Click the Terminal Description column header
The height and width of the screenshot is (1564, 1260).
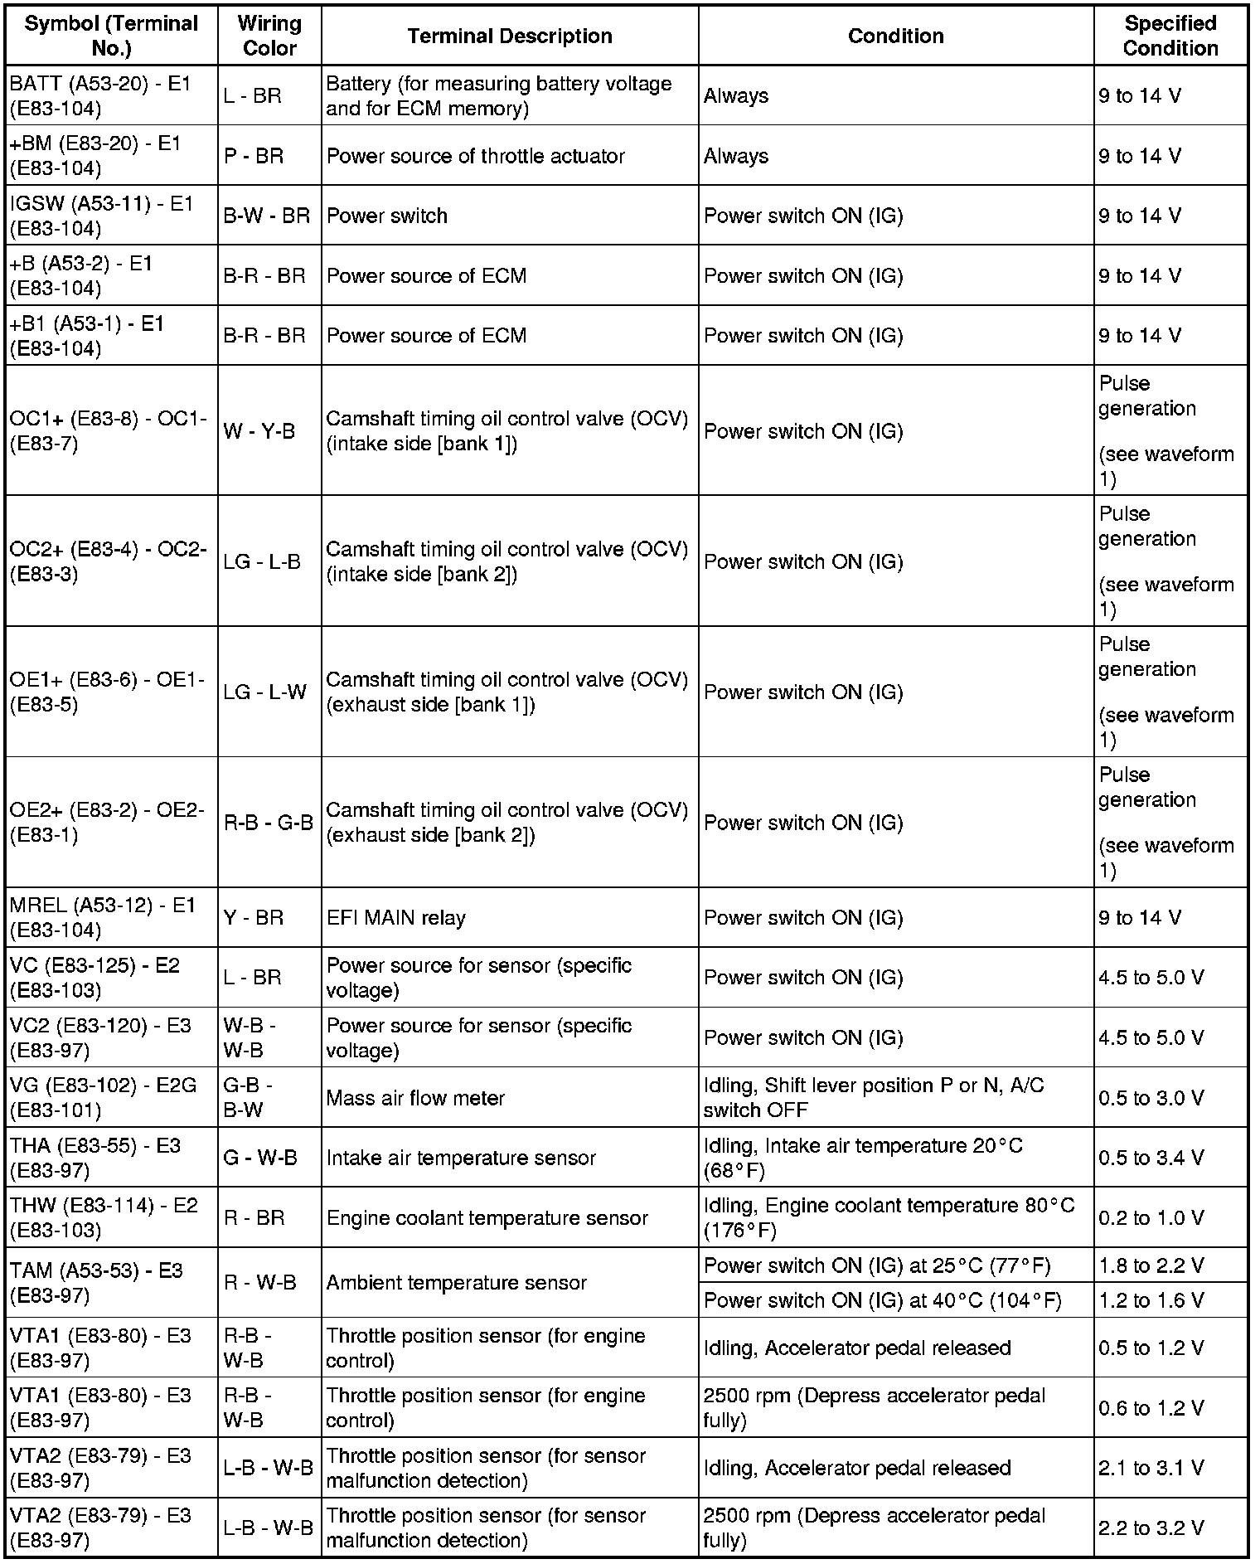[x=509, y=36]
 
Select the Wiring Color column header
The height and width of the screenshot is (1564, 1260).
[x=269, y=36]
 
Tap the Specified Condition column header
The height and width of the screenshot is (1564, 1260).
[x=1170, y=36]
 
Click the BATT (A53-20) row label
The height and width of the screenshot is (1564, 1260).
[x=100, y=96]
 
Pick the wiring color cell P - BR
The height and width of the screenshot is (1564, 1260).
[x=254, y=156]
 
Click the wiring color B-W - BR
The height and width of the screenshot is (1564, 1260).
[x=266, y=216]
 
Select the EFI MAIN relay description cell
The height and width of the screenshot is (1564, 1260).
[x=396, y=918]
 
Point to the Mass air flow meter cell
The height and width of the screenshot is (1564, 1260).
[x=415, y=1098]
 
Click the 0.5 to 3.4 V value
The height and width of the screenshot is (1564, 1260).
[x=1151, y=1158]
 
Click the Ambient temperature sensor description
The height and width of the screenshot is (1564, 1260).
[x=456, y=1283]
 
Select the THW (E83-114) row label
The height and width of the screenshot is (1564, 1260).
[x=104, y=1217]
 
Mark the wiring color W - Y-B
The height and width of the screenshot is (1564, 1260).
[x=259, y=431]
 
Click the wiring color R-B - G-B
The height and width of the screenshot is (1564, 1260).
[x=268, y=823]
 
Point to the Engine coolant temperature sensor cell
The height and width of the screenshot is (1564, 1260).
[x=487, y=1218]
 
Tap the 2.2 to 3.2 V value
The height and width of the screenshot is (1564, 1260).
[x=1151, y=1528]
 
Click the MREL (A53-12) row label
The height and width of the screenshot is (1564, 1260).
[x=102, y=918]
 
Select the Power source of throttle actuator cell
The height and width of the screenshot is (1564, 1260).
[x=475, y=156]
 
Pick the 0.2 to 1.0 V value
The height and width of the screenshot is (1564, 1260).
[x=1151, y=1218]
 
